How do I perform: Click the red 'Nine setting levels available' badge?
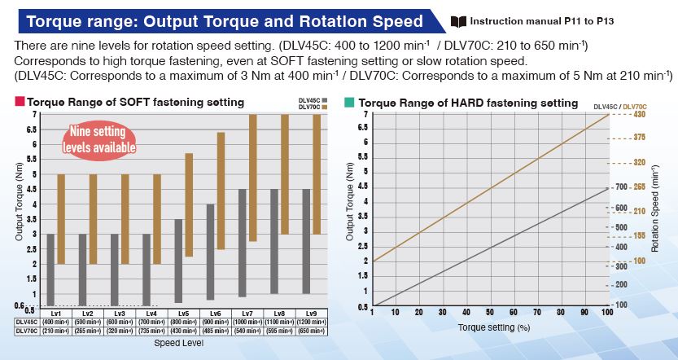(98, 139)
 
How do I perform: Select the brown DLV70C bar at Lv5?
(189, 204)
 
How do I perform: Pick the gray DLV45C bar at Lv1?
(50, 270)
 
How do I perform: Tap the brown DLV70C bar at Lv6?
(221, 191)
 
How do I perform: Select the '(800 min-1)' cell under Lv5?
(183, 322)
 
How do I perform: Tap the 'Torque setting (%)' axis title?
(489, 327)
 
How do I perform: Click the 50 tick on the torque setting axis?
(490, 312)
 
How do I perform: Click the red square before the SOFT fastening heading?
(20, 103)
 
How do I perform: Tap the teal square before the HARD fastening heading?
(349, 103)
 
